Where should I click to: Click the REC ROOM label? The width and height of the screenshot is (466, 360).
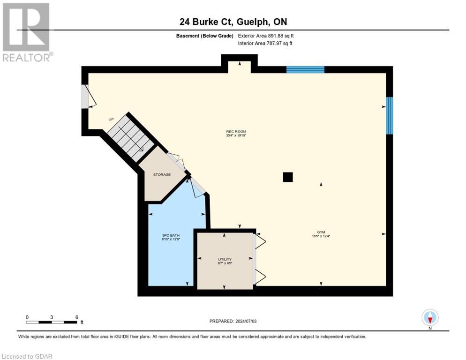point(236,132)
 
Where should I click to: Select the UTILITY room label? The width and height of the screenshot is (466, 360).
point(225,259)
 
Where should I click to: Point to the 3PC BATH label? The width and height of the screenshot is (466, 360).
point(171,235)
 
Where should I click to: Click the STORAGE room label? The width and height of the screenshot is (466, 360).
point(162,174)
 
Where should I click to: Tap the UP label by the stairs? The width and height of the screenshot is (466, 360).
point(111,119)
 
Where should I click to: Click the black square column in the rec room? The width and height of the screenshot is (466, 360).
point(287,177)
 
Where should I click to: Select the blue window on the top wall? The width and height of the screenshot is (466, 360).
point(305,70)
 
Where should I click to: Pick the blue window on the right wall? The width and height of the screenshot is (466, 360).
point(389,115)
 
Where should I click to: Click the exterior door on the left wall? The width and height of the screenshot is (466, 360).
point(85,97)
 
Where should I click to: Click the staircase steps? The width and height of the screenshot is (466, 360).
point(131,138)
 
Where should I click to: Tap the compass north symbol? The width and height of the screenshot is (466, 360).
point(430,318)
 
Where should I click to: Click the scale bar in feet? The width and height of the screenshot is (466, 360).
point(52,322)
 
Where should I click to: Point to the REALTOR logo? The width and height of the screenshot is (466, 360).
point(27,32)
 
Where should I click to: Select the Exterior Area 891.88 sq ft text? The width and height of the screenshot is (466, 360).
point(266,36)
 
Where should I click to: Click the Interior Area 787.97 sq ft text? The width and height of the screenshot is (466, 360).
point(266,44)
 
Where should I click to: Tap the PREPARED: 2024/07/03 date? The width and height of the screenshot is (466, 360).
point(233,321)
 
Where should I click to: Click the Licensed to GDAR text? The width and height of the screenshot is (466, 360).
point(27,356)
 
